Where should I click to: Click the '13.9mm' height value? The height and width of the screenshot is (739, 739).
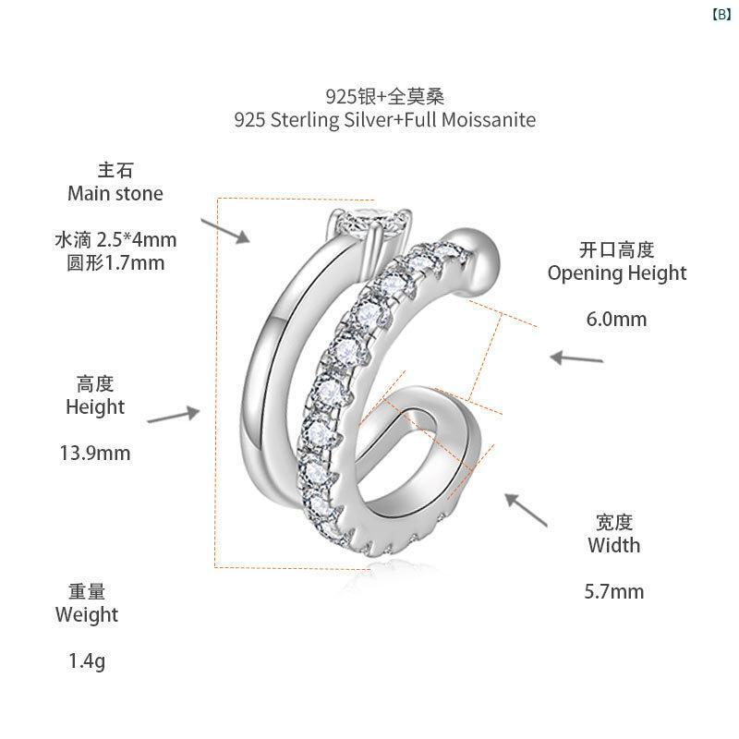coord(95,453)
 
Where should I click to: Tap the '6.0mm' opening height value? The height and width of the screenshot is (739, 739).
coord(616,319)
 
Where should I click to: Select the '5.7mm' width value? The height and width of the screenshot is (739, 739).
coord(614,591)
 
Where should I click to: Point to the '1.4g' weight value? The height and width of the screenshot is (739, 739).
coord(87,661)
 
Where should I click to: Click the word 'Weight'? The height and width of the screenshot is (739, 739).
coord(87,615)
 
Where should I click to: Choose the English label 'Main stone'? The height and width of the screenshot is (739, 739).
coord(115,193)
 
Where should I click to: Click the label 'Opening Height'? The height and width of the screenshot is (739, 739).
coord(617,273)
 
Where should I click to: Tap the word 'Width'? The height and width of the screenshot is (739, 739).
coord(614,545)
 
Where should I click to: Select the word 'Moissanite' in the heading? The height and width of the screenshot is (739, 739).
coord(489,120)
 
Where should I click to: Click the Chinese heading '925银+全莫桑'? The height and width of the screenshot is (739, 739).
coord(384,97)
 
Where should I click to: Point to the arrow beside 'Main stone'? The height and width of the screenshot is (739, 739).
coord(225,231)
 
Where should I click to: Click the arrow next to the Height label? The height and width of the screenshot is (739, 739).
coord(174,414)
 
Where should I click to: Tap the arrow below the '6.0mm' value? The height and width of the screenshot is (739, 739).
coord(576,358)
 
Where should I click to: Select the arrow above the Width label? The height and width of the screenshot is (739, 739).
coord(526,509)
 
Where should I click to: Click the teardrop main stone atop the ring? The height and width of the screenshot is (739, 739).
coord(372,223)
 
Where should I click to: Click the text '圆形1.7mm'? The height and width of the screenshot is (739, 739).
coord(115,263)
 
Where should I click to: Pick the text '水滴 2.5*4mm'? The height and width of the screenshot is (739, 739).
coord(115,240)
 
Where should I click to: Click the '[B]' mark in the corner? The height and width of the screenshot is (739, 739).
coord(721,15)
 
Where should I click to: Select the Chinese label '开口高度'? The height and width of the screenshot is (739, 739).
coord(616,249)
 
